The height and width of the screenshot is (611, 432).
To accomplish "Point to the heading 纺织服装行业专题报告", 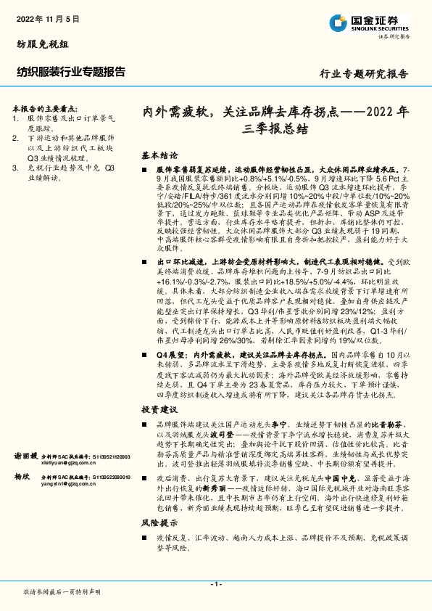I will pyautogui.click(x=70, y=71).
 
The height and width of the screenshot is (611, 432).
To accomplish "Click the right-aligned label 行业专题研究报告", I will pyautogui.click(x=364, y=74).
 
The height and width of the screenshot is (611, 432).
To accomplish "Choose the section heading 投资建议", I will pyautogui.click(x=159, y=409).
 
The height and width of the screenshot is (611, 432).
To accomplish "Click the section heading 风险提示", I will pyautogui.click(x=159, y=522).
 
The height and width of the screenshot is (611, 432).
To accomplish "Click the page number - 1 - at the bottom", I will pyautogui.click(x=215, y=583).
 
